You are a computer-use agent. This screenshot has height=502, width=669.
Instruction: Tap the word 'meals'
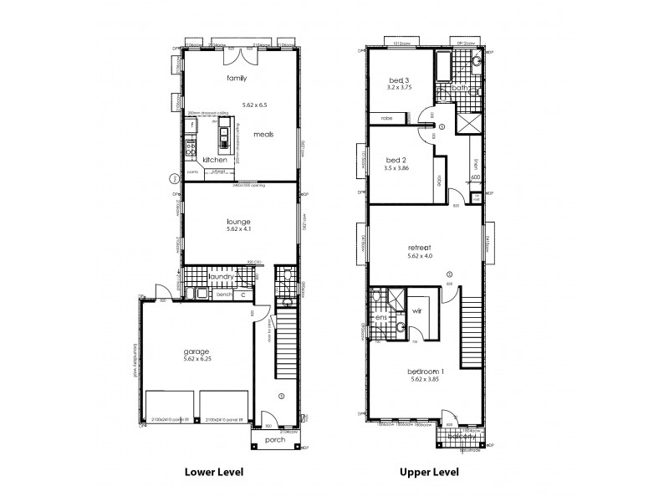(263, 134)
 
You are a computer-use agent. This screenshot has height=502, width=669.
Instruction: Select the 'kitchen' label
(215, 159)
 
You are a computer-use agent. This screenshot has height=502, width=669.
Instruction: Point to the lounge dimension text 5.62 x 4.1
(239, 230)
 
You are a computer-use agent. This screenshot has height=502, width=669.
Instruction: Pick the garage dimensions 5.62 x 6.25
(197, 359)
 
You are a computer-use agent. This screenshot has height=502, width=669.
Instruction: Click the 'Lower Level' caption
(213, 472)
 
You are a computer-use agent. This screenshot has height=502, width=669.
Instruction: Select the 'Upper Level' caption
(430, 472)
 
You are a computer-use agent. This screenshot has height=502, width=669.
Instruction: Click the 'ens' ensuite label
(380, 318)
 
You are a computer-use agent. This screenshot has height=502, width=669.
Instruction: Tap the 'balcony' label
(462, 436)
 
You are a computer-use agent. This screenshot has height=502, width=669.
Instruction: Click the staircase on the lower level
(286, 335)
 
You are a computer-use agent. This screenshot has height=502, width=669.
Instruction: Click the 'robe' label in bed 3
(386, 118)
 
